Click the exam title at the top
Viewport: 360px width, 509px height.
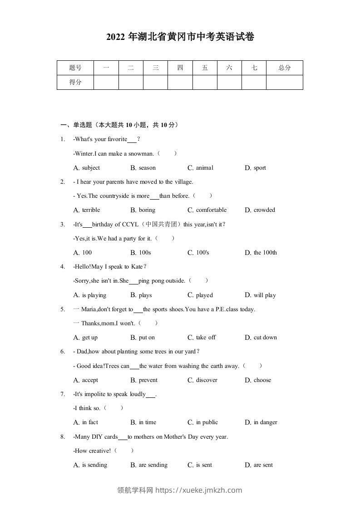[180, 37]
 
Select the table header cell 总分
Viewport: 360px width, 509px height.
[284, 68]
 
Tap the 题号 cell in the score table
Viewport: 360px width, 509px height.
[75, 68]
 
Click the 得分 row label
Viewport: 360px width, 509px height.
[75, 82]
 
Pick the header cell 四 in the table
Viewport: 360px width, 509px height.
[180, 68]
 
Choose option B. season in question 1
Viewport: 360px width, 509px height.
[143, 168]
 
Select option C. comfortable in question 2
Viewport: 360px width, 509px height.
[207, 210]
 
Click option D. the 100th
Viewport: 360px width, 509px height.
[261, 253]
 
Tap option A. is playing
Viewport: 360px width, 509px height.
[90, 295]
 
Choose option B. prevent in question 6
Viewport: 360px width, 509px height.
[144, 380]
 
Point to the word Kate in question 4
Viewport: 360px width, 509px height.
[137, 267]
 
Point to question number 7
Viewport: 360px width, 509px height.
[63, 394]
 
